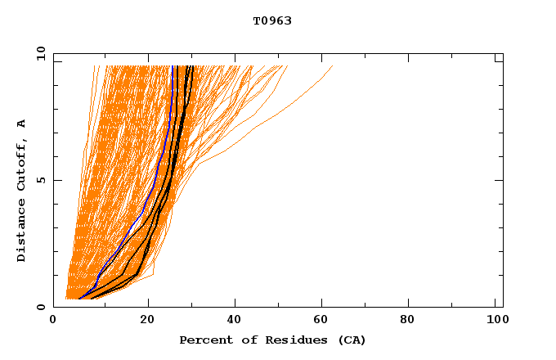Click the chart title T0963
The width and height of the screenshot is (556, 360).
[272, 20]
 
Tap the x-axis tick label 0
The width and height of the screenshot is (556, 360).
[54, 321]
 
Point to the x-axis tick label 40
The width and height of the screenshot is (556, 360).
[236, 321]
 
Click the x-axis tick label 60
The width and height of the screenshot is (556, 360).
[325, 321]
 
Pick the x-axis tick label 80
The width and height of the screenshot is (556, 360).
[413, 321]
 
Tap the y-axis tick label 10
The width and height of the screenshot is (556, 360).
[40, 54]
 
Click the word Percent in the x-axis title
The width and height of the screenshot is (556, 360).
[203, 340]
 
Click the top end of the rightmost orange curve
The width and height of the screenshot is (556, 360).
[332, 66]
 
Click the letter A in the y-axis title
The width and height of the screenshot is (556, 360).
[22, 124]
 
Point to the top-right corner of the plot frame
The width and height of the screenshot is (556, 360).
[503, 54]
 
